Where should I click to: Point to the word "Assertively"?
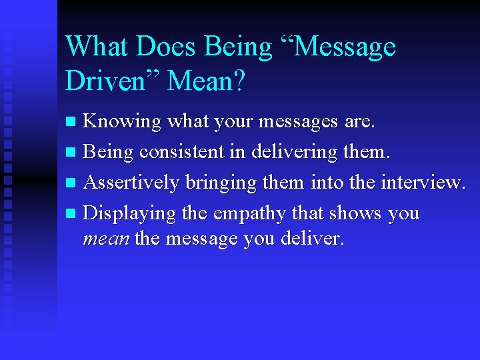[x=132, y=183]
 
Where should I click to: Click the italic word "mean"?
[x=105, y=238]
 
